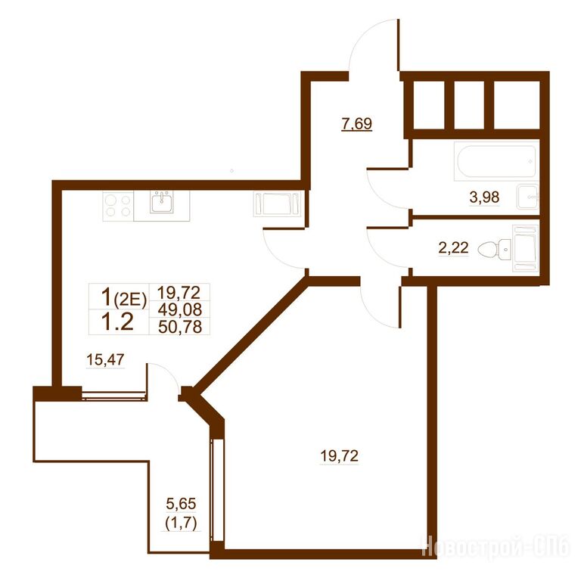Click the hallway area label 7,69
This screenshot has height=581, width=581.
coord(357,123)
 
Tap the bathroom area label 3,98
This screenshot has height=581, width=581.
coord(484,197)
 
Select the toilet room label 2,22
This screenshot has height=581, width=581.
coord(453,247)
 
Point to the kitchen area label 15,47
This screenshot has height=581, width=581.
coord(105,359)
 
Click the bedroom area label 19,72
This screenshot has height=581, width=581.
coord(339,455)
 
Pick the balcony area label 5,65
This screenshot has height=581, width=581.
coord(181,504)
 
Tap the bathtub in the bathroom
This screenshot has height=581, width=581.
coord(496,161)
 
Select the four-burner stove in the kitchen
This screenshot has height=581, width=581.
coord(118,206)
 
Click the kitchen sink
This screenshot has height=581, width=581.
coord(162,202)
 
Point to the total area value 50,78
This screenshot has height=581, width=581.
coord(180,327)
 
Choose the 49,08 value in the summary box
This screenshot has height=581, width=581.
coord(180,309)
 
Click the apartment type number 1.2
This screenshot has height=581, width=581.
coord(117,322)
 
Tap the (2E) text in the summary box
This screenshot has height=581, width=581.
coord(130,300)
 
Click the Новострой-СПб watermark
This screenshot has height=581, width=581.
coord(496,545)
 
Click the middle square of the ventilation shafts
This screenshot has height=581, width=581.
coord(469,105)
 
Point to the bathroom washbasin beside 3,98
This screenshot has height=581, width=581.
coord(528,197)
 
